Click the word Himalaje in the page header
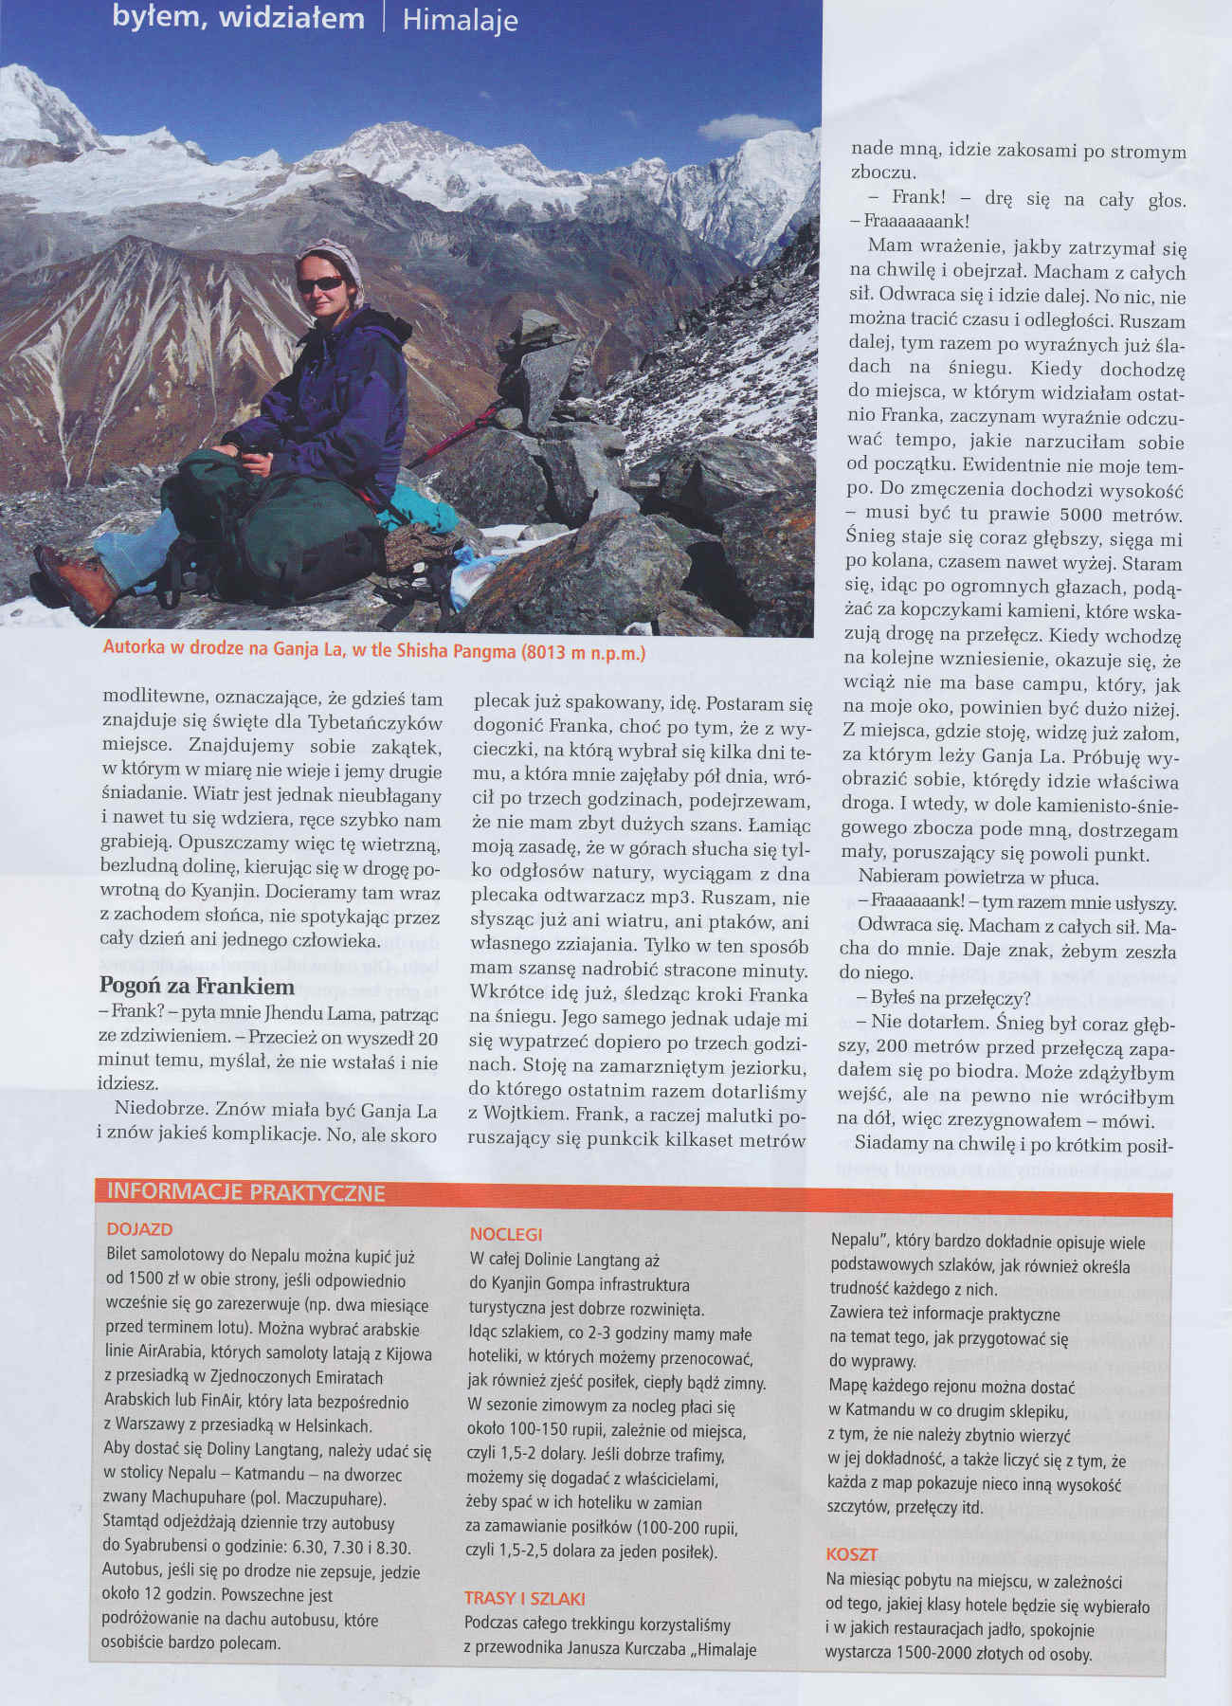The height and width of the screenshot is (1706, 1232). click(460, 21)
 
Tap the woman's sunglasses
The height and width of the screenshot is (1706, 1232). click(321, 283)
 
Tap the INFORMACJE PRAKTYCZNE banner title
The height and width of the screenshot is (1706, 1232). click(246, 1192)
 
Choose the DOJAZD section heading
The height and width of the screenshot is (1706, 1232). click(140, 1229)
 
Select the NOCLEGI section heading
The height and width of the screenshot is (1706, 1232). click(506, 1234)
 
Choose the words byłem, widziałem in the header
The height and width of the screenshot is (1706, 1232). click(238, 19)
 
